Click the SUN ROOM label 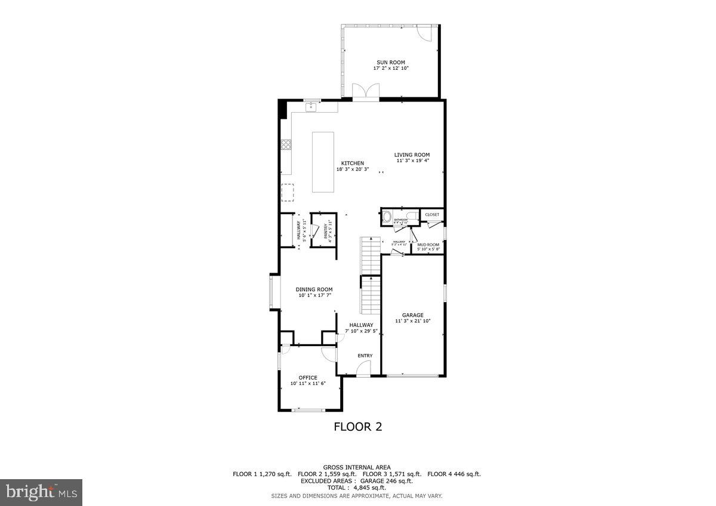click(x=391, y=62)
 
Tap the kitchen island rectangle click(x=324, y=162)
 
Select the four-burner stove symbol click(x=286, y=144)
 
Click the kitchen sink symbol click(x=311, y=107)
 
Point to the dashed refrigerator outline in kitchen click(x=288, y=192)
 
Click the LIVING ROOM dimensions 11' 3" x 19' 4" click(x=412, y=161)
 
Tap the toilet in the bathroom click(x=412, y=216)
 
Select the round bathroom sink click(x=387, y=217)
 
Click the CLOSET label click(x=432, y=214)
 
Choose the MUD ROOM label click(x=428, y=245)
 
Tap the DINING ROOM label click(x=314, y=289)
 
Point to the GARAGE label click(x=412, y=315)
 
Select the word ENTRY click(x=365, y=356)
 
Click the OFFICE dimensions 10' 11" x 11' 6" click(x=308, y=384)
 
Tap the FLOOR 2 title click(x=357, y=427)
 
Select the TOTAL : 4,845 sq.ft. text click(x=357, y=488)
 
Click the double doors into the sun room click(x=365, y=92)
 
